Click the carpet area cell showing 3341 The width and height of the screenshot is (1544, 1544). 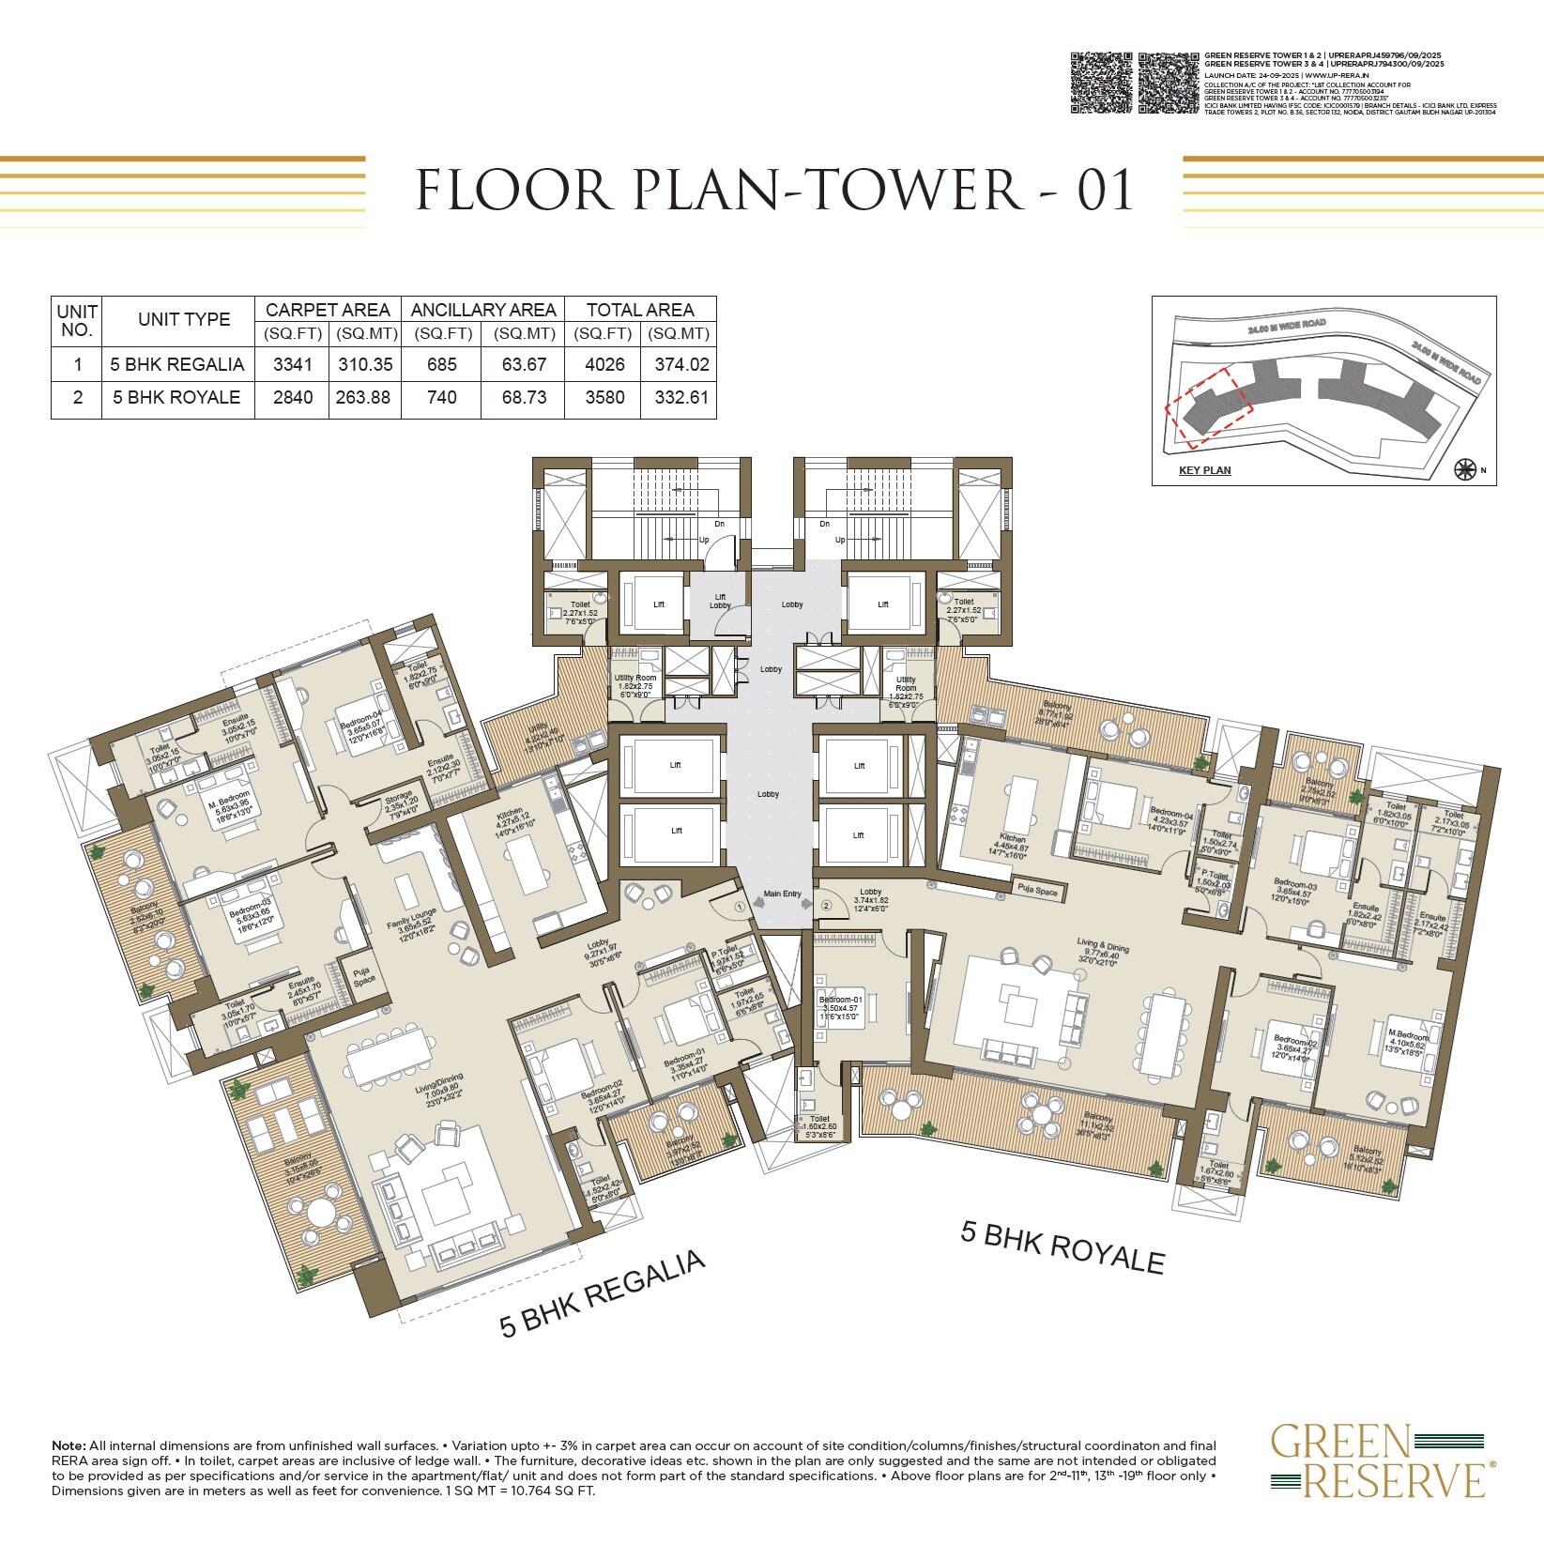click(292, 364)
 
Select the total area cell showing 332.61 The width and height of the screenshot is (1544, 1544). click(678, 397)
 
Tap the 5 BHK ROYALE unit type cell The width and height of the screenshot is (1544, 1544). click(177, 397)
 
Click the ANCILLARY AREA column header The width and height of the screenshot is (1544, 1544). click(482, 310)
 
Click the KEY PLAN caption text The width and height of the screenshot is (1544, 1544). click(1204, 470)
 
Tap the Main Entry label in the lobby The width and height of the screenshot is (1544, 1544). click(782, 894)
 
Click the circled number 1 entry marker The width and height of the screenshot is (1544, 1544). click(740, 907)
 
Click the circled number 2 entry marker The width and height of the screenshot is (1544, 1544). click(826, 906)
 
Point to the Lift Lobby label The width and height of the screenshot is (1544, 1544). click(720, 601)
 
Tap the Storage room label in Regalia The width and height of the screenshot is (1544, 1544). click(398, 802)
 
